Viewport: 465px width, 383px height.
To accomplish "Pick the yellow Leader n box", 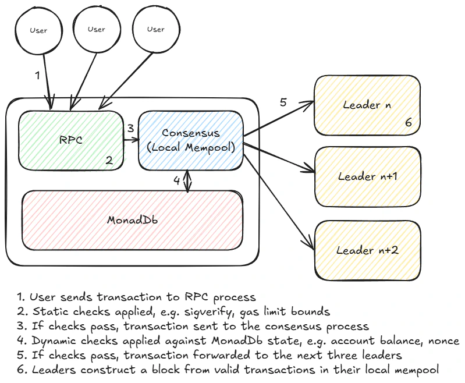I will coord(367,105).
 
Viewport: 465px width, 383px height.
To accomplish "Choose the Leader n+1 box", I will coord(367,176).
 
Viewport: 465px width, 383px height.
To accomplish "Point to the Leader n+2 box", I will coord(367,250).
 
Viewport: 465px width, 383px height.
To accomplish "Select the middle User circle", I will coord(97,29).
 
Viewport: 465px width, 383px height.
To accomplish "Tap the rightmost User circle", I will coord(155,29).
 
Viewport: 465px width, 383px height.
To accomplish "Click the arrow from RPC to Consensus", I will coord(132,139).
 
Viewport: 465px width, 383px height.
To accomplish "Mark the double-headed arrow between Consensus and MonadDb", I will coord(187,181).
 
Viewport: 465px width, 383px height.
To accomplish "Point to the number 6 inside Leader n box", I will coord(408,123).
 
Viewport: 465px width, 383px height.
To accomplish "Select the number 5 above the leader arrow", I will coord(283,102).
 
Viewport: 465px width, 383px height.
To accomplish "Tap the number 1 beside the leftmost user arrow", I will coord(37,75).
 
